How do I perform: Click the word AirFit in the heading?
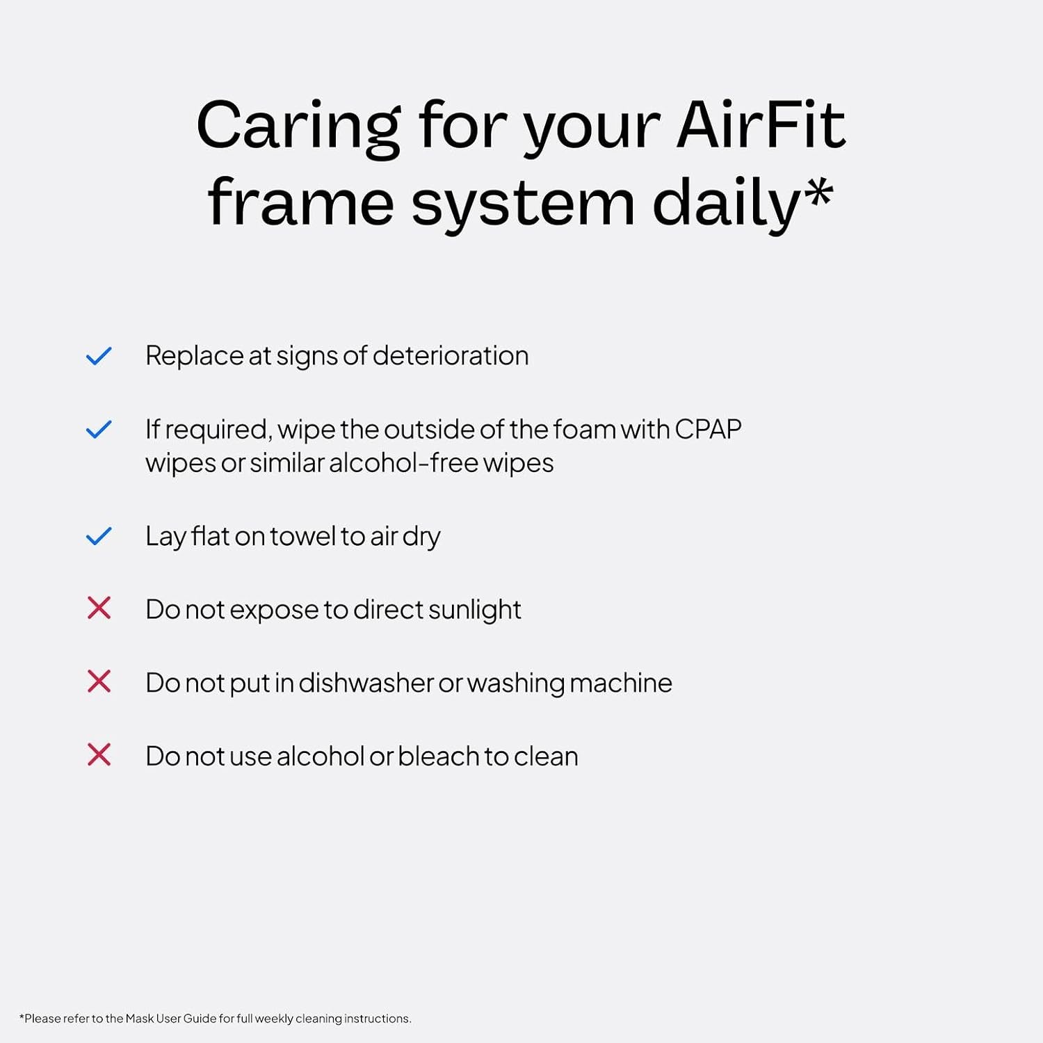click(761, 125)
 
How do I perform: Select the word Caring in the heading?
click(298, 130)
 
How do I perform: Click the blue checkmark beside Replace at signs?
click(99, 356)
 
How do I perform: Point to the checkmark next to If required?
click(99, 429)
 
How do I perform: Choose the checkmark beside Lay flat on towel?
click(99, 536)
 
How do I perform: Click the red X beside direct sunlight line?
click(99, 608)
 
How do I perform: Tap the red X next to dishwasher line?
click(99, 681)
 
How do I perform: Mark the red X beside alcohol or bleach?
click(99, 754)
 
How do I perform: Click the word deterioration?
click(451, 355)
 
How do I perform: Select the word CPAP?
click(708, 429)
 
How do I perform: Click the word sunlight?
click(474, 610)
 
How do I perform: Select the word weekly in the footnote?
click(274, 1019)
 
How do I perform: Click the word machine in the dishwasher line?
click(621, 683)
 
